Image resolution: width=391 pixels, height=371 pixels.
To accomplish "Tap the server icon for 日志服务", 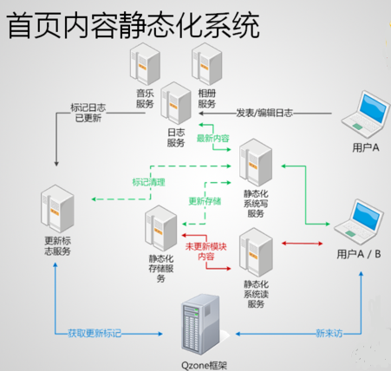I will [176, 104].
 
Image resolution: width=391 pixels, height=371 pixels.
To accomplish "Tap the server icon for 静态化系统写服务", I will [256, 161].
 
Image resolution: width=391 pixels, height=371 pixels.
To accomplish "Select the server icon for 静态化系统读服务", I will [256, 251].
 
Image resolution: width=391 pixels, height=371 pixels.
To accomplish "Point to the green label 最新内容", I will [213, 138].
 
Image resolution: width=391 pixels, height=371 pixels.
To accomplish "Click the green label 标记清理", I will [148, 182].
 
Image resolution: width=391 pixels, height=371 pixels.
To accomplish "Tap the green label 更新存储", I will [205, 201].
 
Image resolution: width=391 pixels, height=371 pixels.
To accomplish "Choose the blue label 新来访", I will [330, 333].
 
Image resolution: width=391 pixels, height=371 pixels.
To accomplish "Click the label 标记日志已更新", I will [88, 114].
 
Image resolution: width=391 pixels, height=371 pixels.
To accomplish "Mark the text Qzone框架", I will [205, 364].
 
